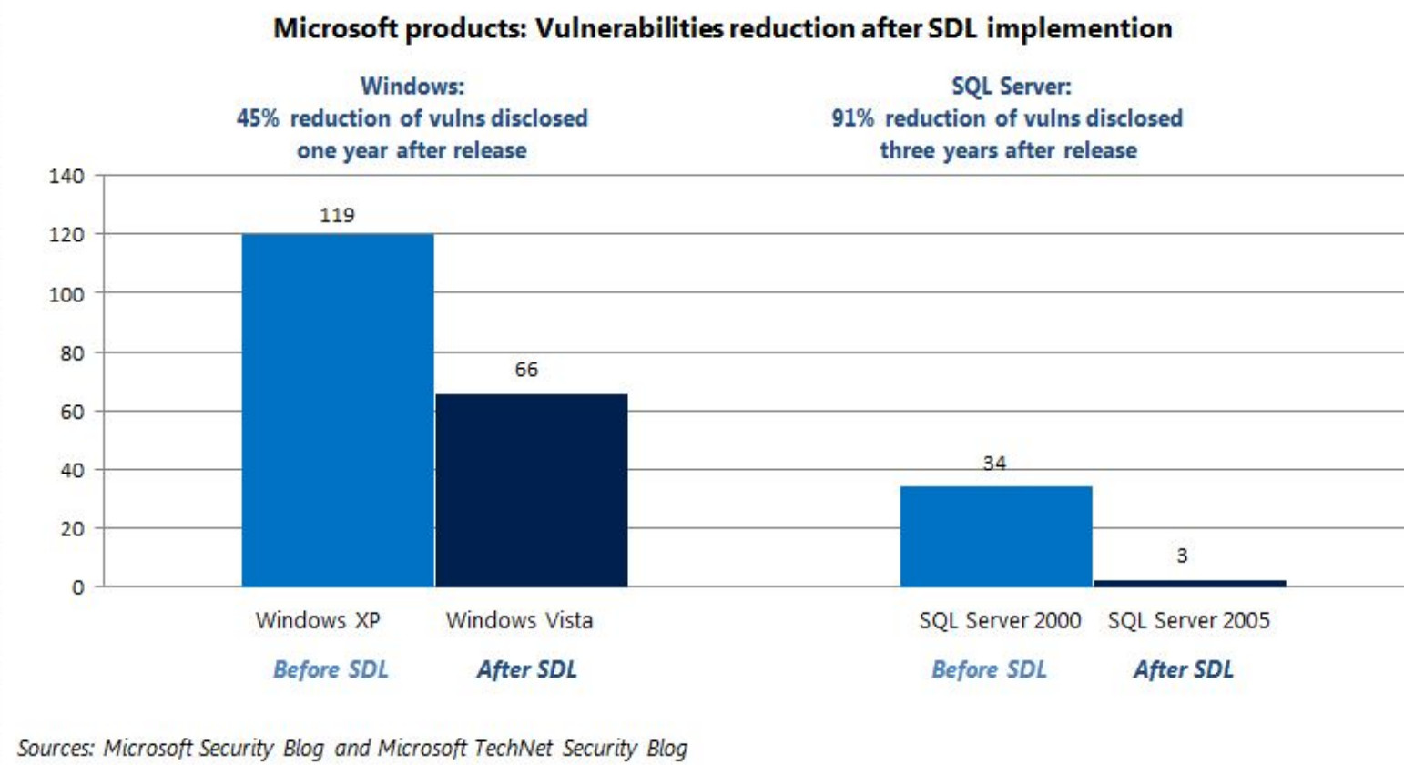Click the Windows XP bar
338,410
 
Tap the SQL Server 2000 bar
996,536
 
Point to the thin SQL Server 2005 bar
1190,583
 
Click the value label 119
337,215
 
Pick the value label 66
526,369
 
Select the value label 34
994,463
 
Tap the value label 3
1182,556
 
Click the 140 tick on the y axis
66,176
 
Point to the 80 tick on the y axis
72,352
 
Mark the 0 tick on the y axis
78,587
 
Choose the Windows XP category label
318,620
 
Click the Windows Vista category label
519,620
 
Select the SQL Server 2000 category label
1000,620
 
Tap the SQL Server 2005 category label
1188,620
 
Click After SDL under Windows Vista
526,669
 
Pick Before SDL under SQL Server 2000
989,669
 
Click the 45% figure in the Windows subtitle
258,118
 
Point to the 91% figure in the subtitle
852,118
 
